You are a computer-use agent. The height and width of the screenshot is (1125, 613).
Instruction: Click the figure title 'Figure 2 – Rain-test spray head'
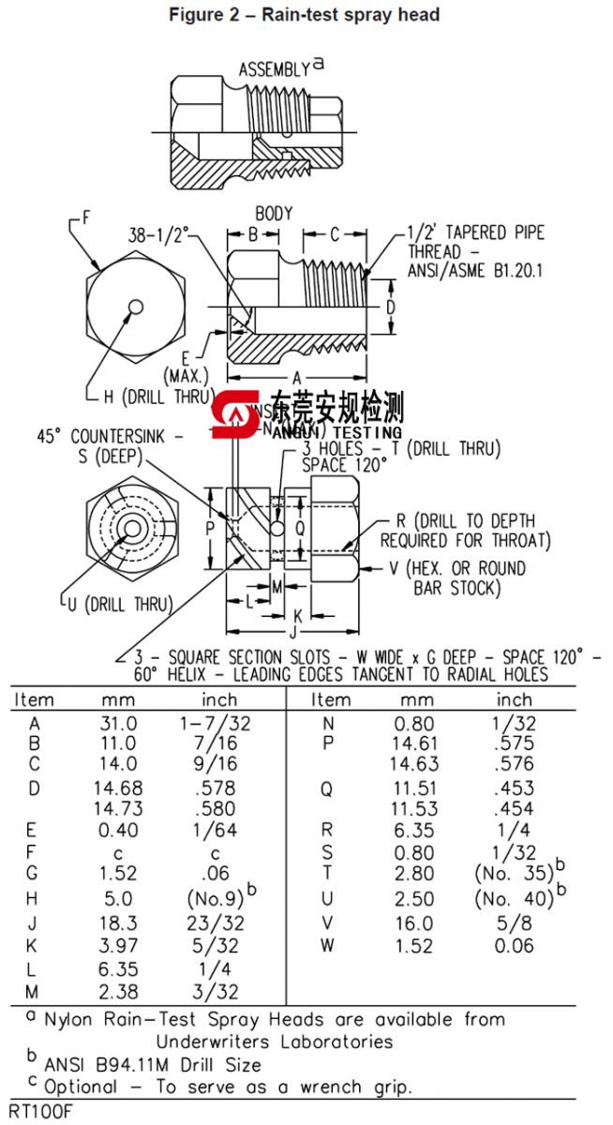pos(304,15)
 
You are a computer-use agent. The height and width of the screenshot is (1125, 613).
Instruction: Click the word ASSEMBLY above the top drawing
pos(274,69)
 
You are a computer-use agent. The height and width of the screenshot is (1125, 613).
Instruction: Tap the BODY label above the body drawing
pos(274,214)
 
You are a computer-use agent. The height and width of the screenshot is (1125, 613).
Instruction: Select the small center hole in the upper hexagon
pos(136,307)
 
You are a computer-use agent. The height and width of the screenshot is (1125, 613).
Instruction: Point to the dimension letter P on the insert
pos(210,528)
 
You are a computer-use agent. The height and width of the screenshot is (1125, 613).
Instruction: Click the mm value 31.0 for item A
pos(118,723)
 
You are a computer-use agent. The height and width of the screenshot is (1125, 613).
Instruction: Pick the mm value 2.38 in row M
pos(118,991)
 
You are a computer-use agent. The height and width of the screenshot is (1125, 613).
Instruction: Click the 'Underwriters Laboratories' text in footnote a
pos(275,1042)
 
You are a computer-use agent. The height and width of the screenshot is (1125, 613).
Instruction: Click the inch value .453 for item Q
pos(514,788)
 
